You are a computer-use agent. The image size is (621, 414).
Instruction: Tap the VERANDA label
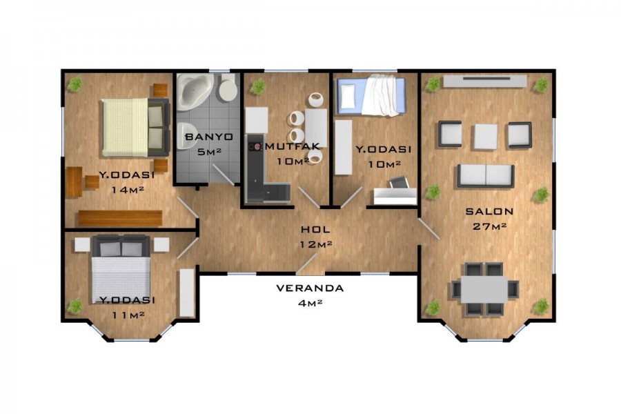(310, 288)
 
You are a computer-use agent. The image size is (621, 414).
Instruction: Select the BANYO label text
(204, 137)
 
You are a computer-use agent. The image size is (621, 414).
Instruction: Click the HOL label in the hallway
(315, 229)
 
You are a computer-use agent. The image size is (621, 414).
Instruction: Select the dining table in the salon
(484, 288)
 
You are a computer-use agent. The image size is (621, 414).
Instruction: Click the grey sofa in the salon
(485, 176)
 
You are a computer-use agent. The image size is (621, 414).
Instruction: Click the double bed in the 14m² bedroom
(135, 127)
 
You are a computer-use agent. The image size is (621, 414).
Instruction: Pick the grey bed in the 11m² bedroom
(121, 268)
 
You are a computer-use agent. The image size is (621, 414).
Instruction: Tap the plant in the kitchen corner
(257, 87)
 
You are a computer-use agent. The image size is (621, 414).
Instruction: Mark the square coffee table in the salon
(485, 135)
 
